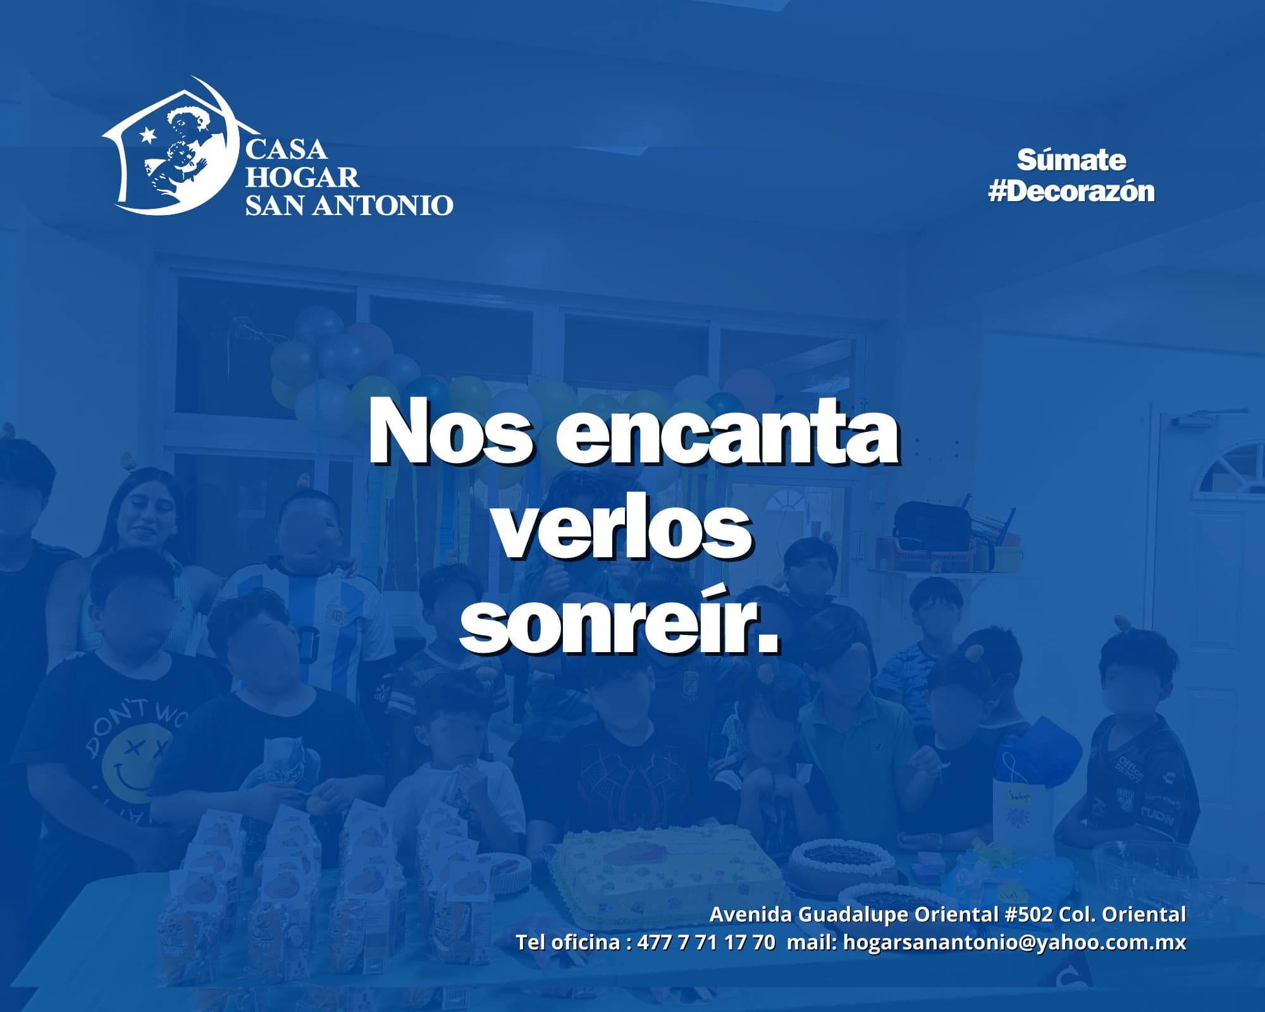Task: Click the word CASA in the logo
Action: (x=286, y=150)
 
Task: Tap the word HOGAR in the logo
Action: (x=302, y=178)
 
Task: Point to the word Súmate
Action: (x=1071, y=161)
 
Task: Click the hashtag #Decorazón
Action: (x=1071, y=191)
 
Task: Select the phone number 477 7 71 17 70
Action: (x=706, y=942)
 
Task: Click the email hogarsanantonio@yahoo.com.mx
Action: (x=1015, y=942)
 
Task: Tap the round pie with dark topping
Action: (x=842, y=858)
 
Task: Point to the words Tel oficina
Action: (x=569, y=942)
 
